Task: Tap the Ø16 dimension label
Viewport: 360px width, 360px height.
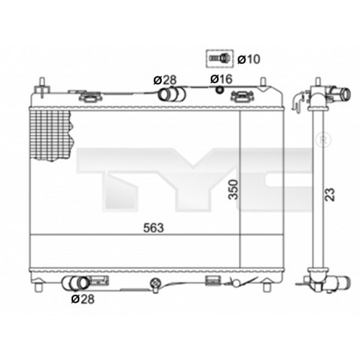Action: coord(220,79)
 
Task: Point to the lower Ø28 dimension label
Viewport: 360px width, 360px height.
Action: coord(82,299)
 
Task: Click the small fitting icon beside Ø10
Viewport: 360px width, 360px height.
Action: coord(217,58)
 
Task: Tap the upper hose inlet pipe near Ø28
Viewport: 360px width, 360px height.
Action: coord(171,96)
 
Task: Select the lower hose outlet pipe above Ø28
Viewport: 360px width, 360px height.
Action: coord(77,282)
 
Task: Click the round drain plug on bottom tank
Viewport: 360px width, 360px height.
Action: coord(155,281)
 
